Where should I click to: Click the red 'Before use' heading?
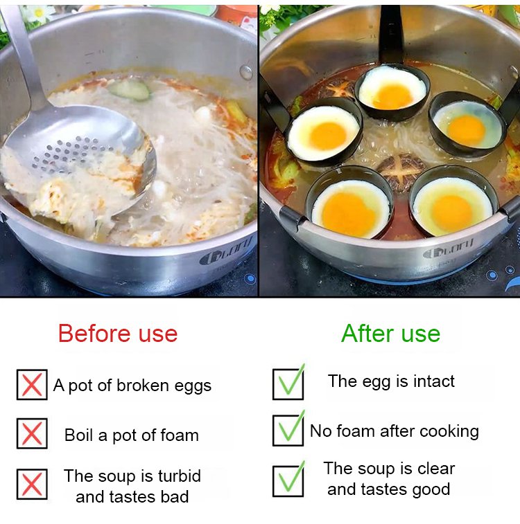point(118,334)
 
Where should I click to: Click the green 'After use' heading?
point(390,334)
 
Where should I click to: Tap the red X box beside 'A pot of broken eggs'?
point(32,385)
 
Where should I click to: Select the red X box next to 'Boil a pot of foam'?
point(32,433)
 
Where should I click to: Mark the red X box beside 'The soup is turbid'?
point(32,484)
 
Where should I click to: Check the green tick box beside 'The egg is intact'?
point(288,383)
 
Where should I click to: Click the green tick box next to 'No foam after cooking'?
point(288,430)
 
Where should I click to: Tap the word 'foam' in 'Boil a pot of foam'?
point(180,435)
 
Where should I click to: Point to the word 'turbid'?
point(180,476)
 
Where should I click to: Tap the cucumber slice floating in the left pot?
point(130,89)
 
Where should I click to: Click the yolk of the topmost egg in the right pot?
point(392,96)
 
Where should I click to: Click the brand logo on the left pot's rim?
point(225,253)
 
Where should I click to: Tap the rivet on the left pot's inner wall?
point(246,72)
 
